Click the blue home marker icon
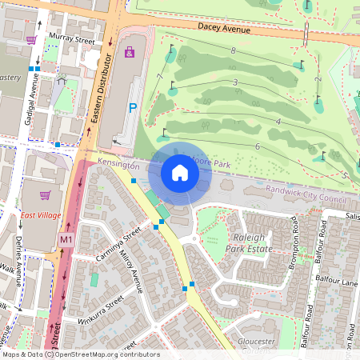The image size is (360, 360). point(180,172)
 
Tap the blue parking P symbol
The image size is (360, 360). point(133,107)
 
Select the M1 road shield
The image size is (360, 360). point(66,239)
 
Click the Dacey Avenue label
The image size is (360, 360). point(220,28)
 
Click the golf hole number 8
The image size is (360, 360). point(233,51)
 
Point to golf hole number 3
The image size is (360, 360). point(235,82)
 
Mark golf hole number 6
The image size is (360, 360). point(258,147)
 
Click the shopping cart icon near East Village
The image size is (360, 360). point(46,194)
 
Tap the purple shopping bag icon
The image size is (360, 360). point(130,52)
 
